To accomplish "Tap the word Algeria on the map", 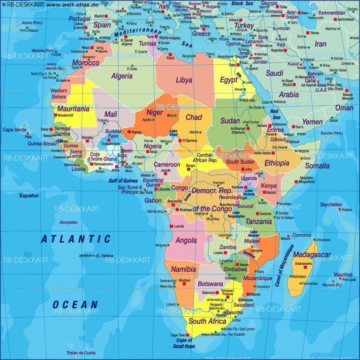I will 121,76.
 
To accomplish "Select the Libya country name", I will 184,80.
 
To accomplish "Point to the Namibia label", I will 183,269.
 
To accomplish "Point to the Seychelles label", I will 331,205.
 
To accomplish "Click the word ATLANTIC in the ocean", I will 76,239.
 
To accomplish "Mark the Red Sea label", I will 274,114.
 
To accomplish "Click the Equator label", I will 29,195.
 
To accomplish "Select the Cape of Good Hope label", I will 183,344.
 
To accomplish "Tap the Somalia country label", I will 317,165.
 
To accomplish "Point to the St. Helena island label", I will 104,255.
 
